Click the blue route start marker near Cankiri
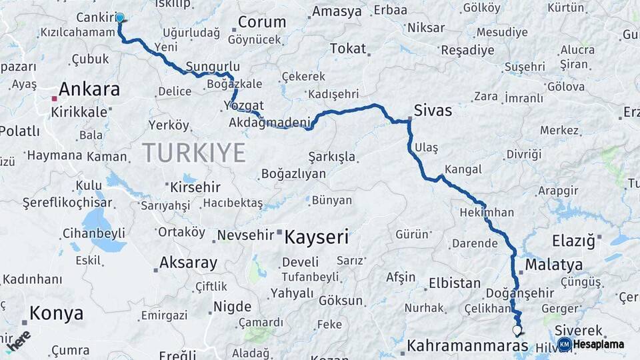point(120,18)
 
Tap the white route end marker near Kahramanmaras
point(517,330)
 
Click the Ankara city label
point(89,89)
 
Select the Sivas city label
point(433,110)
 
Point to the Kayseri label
point(317,237)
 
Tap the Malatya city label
point(553,265)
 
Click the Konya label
point(56,313)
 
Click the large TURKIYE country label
point(194,153)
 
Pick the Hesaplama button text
point(599,344)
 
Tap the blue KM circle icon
point(564,344)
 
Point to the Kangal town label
point(463,169)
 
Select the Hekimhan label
point(487,213)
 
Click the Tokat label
point(348,49)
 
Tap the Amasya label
point(337,11)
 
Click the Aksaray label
point(188,263)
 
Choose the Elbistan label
point(455,283)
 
